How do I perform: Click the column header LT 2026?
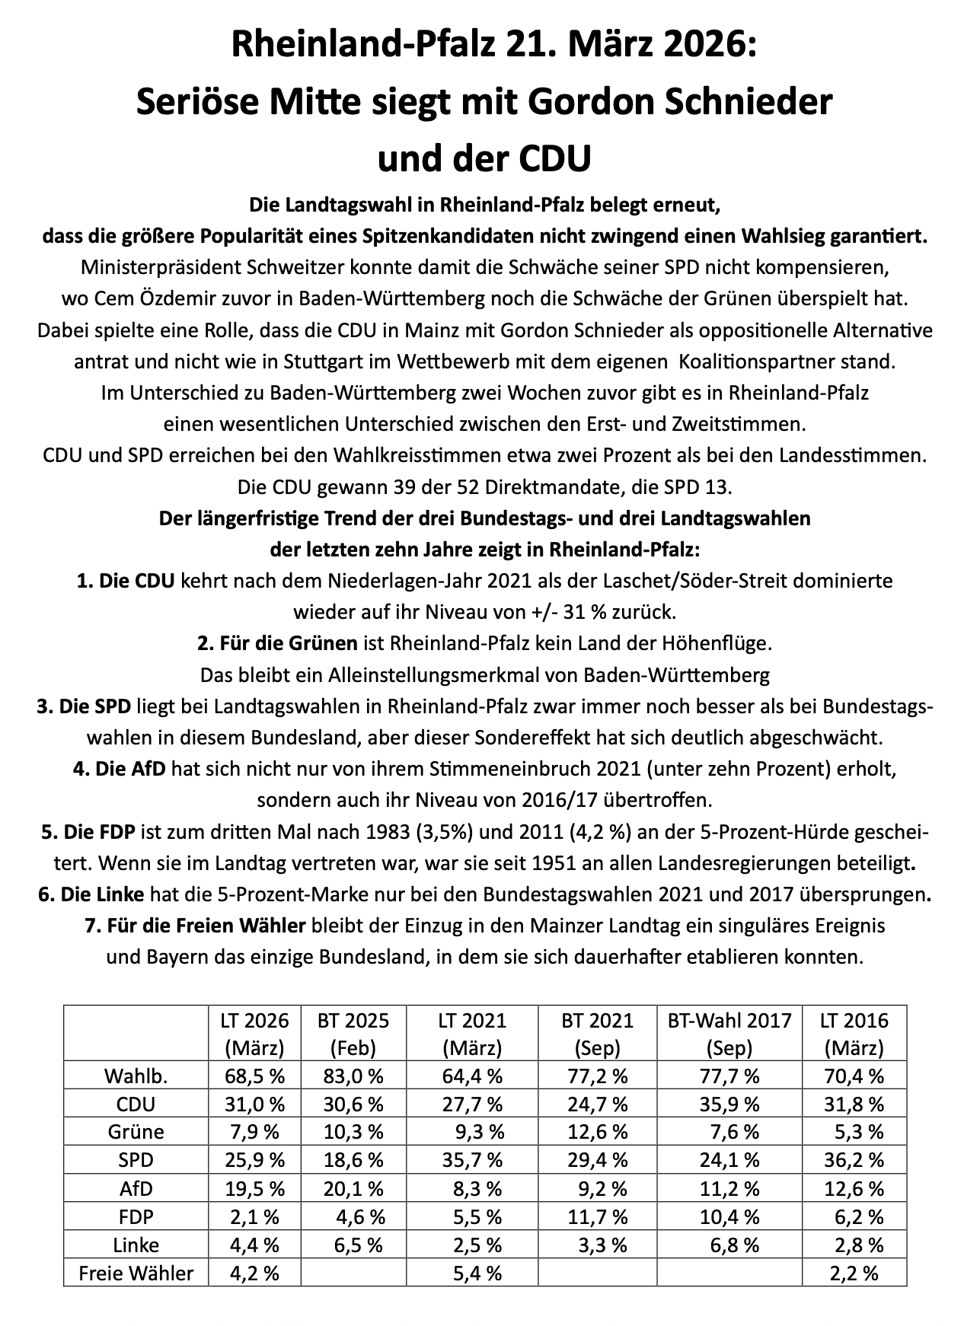click(255, 1020)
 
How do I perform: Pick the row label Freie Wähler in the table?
click(137, 1273)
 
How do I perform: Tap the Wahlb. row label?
click(136, 1076)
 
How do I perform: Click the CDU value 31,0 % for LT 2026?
click(255, 1104)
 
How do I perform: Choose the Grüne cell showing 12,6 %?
click(598, 1133)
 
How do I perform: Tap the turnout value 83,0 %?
click(353, 1076)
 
